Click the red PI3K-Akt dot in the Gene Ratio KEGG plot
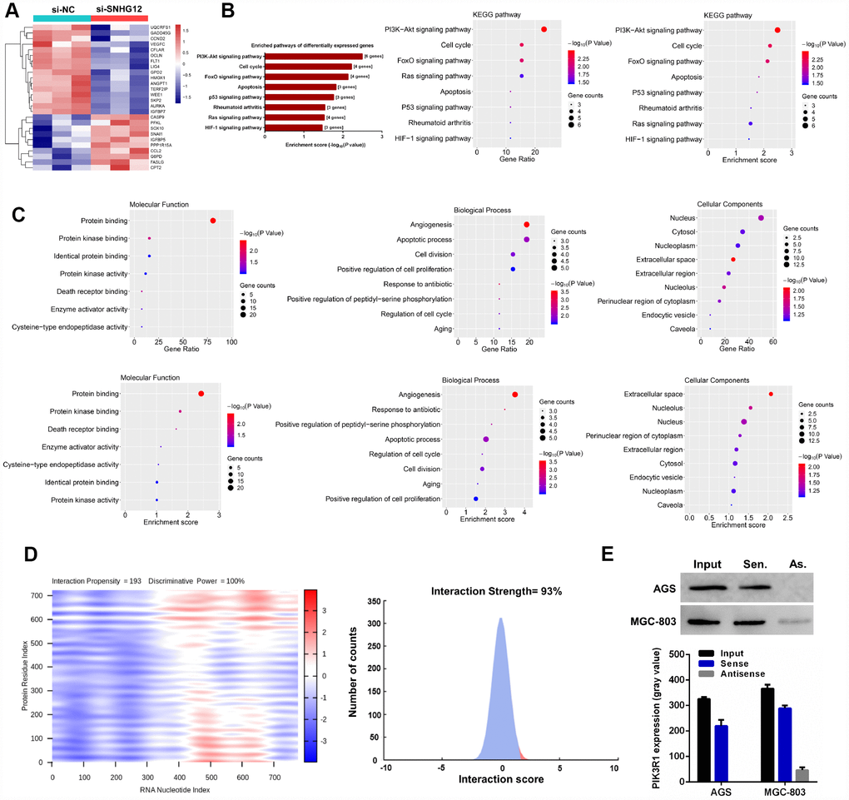pos(544,29)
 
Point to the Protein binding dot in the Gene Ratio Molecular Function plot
pos(213,221)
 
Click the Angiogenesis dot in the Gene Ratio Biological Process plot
pos(527,225)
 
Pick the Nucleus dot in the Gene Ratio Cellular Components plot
pos(761,218)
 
